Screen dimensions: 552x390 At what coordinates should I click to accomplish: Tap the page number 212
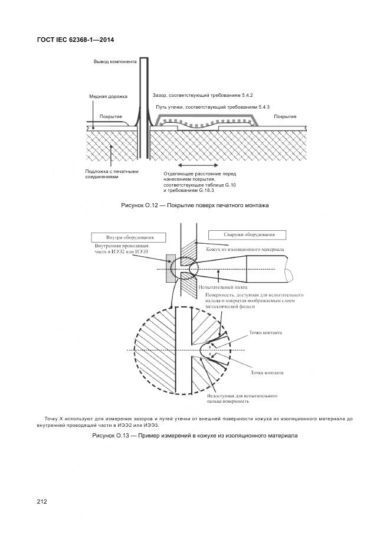click(x=42, y=502)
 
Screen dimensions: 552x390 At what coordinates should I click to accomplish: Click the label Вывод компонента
click(x=115, y=61)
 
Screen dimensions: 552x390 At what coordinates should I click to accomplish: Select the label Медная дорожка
click(x=108, y=96)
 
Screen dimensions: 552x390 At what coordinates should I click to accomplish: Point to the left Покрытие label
click(x=110, y=116)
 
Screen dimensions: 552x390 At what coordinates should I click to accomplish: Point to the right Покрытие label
click(x=285, y=116)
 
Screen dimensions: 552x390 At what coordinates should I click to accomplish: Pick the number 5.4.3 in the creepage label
click(x=260, y=107)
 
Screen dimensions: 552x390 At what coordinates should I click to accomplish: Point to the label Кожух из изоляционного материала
click(x=245, y=249)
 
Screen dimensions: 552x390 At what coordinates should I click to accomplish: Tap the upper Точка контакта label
click(x=266, y=333)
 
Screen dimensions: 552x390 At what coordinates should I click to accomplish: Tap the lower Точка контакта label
click(x=267, y=373)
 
